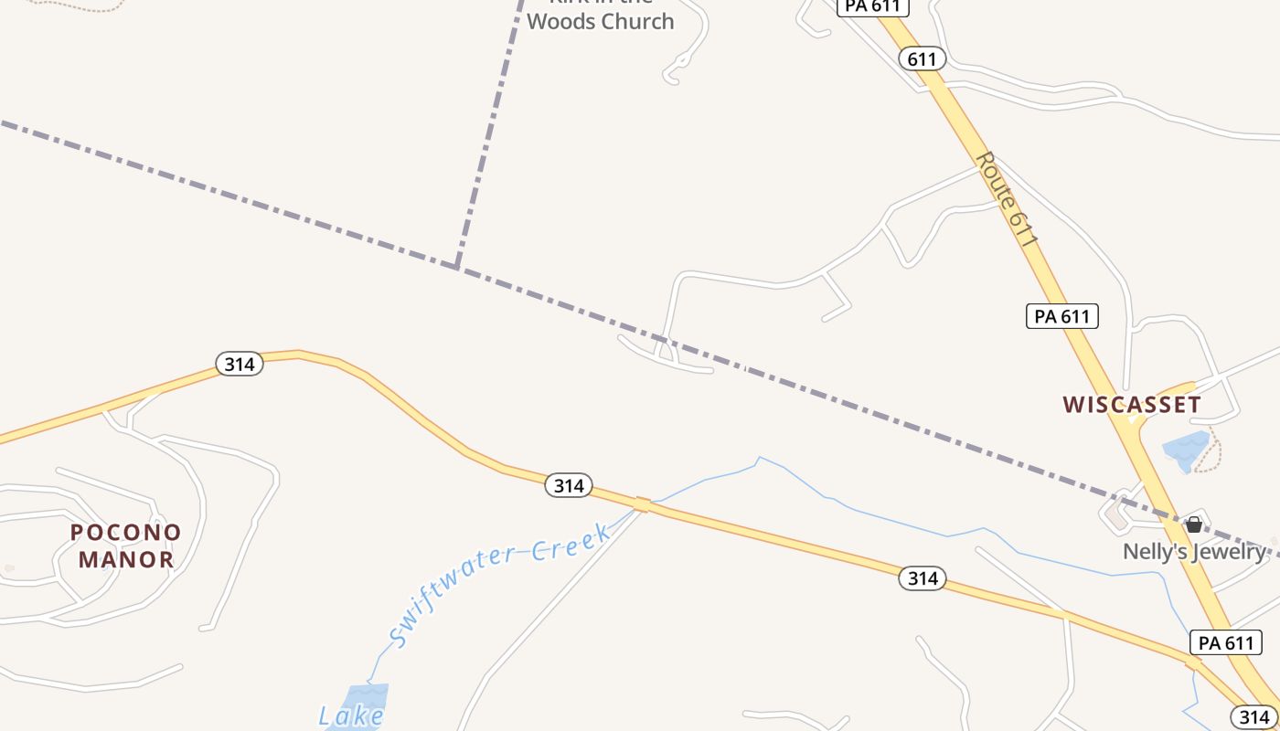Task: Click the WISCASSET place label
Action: [x=1132, y=404]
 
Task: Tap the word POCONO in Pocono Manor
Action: [x=126, y=532]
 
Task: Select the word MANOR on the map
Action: [x=126, y=559]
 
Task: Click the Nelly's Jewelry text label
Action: [x=1194, y=551]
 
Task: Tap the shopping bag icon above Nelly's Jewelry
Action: [x=1194, y=524]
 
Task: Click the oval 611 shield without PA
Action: [x=922, y=59]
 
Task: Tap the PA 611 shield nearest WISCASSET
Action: [x=1061, y=316]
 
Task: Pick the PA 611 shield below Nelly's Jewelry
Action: [x=1226, y=642]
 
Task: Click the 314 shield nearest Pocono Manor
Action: [x=240, y=364]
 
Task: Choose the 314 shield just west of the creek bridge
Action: [x=569, y=485]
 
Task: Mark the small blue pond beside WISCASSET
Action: [x=1186, y=449]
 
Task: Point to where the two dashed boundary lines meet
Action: [x=456, y=266]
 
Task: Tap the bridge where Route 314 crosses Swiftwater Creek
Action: [x=643, y=504]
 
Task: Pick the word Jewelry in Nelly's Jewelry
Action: [x=1231, y=551]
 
